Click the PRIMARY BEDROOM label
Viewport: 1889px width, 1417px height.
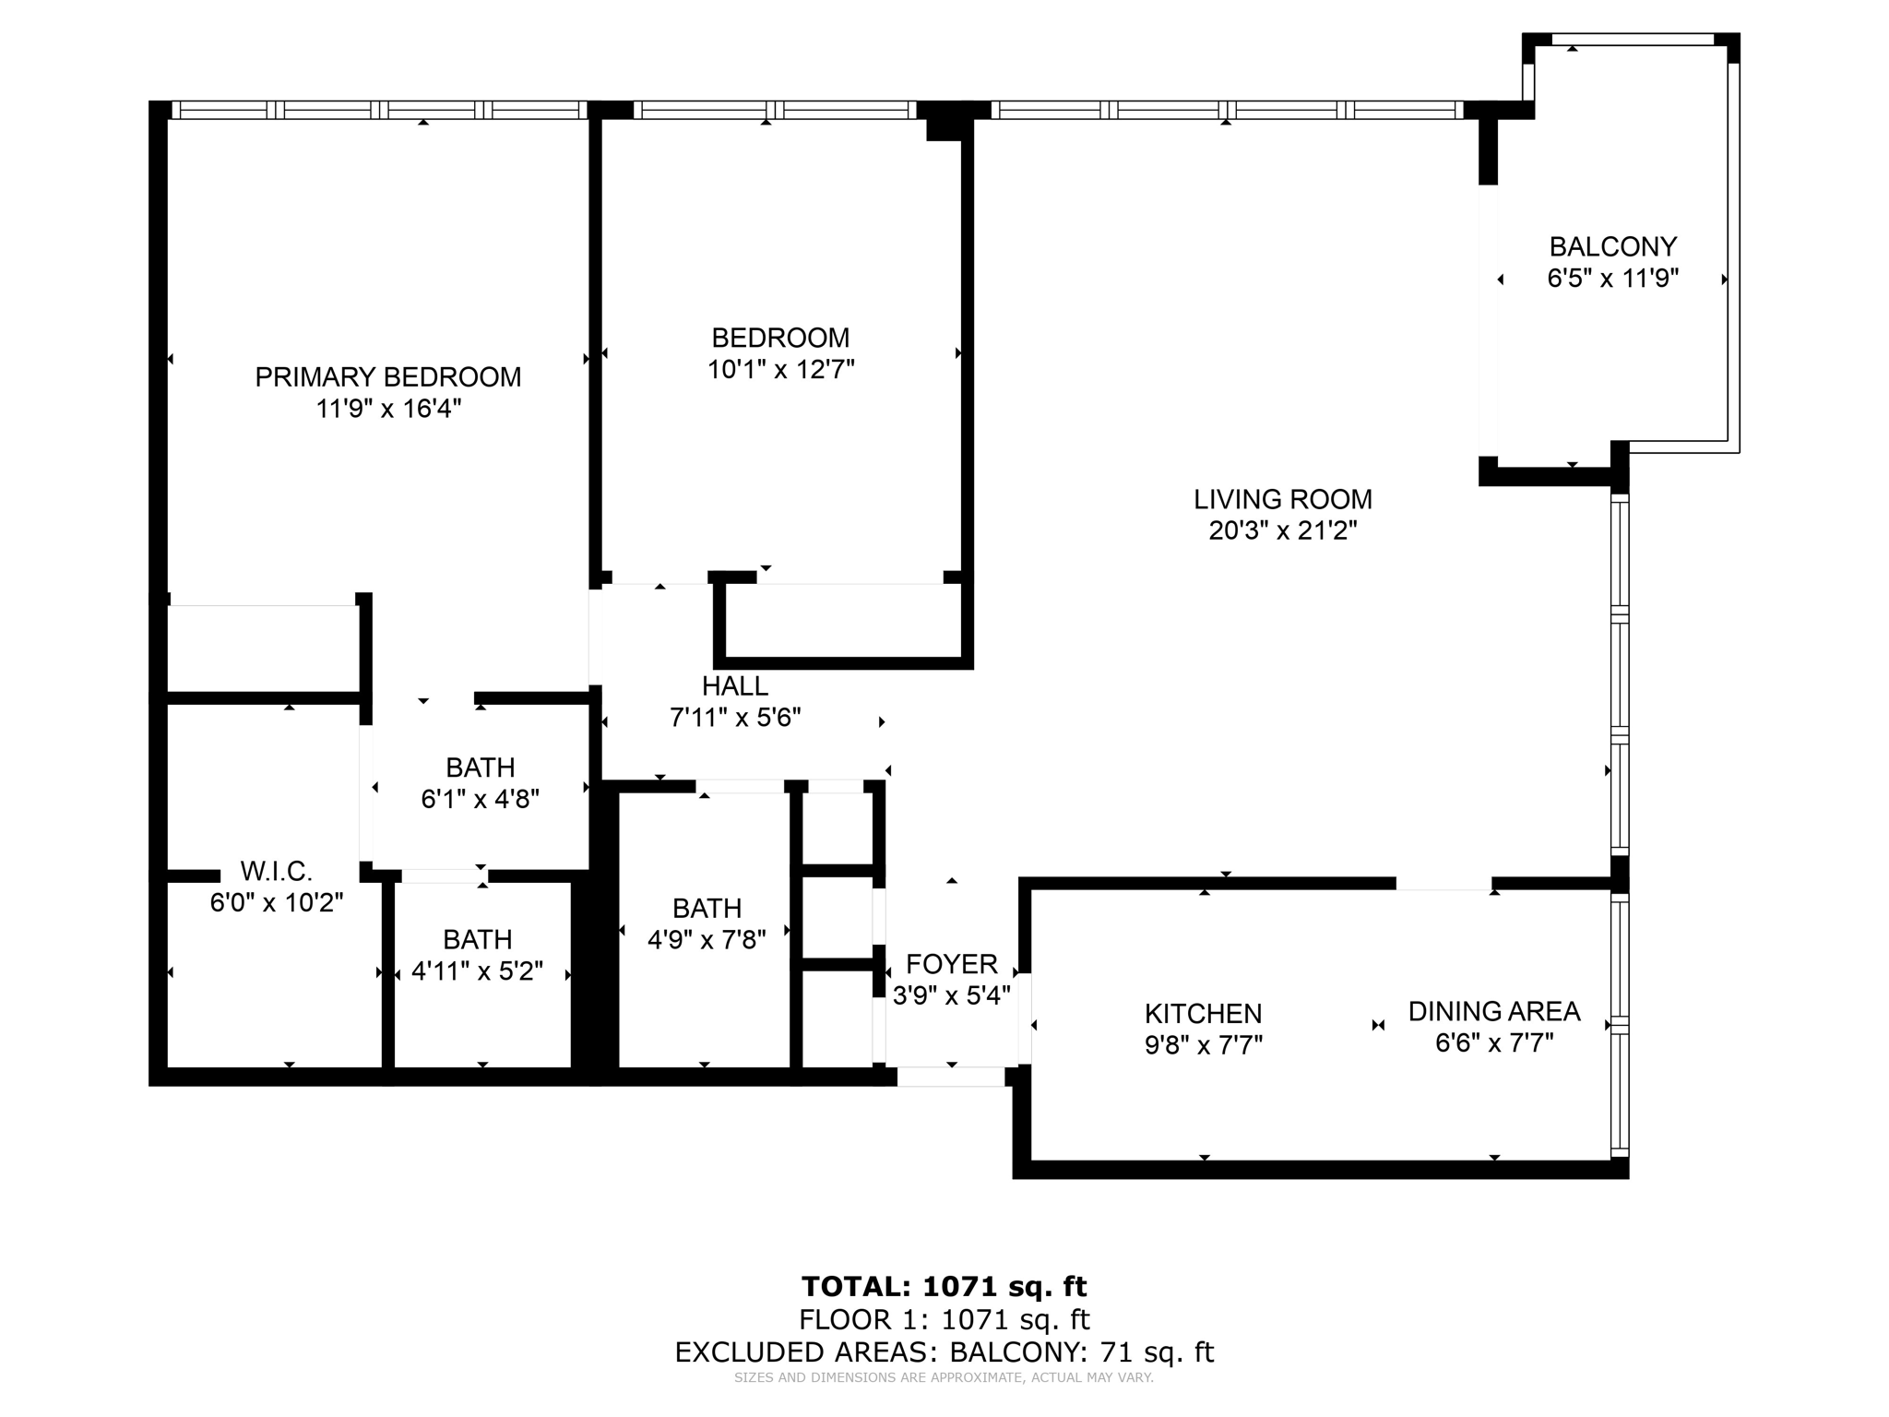(387, 377)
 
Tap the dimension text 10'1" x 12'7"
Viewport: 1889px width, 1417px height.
(780, 370)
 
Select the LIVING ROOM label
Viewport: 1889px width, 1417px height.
(1282, 499)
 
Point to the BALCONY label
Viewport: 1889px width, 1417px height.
(1612, 246)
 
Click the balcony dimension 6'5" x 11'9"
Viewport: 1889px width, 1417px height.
(1612, 278)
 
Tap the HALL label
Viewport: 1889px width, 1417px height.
(734, 686)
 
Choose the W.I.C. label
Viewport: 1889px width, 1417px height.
(276, 871)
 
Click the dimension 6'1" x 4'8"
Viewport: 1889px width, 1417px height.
(480, 799)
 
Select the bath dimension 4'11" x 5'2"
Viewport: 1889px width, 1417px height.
(477, 971)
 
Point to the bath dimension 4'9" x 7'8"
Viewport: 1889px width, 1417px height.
(707, 940)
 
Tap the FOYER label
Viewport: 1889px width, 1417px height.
(951, 965)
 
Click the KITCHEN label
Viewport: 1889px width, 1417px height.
(1203, 1014)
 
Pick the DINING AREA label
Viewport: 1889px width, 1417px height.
(1493, 1012)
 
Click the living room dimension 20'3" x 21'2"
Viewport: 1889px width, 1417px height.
(1282, 530)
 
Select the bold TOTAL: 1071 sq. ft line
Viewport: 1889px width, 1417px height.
(944, 1286)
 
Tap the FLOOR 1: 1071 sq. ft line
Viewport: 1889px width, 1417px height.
(944, 1319)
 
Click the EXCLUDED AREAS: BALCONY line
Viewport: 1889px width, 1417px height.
(944, 1352)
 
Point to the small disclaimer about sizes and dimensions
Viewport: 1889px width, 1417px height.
(944, 1378)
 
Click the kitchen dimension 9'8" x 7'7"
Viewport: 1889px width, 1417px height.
(1203, 1045)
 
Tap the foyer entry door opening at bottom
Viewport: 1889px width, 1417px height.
(951, 1076)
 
